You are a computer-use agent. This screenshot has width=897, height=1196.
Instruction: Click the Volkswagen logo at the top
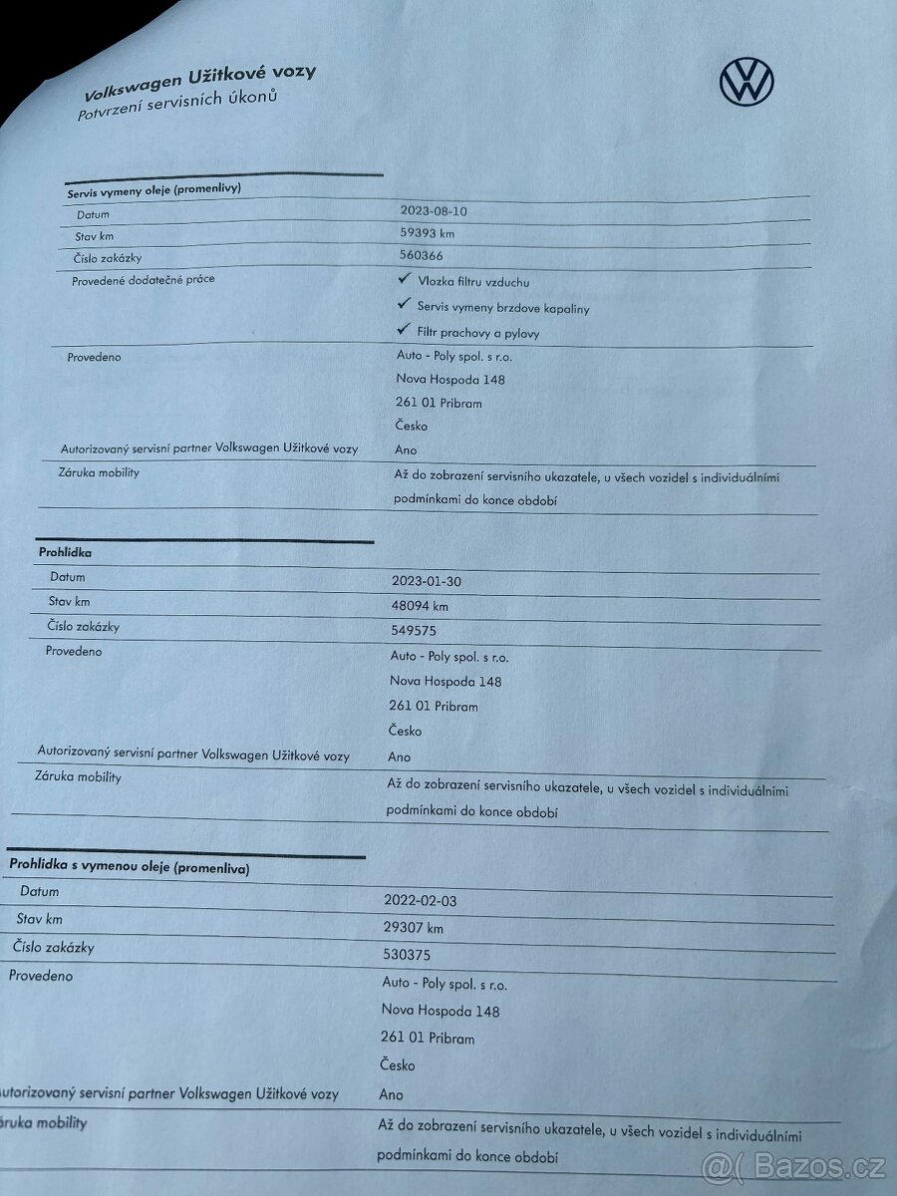(x=747, y=80)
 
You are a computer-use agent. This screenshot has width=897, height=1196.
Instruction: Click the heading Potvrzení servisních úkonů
(x=176, y=106)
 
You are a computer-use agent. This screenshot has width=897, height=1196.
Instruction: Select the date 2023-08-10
(x=434, y=210)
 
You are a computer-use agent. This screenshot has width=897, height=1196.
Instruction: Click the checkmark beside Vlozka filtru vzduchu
(x=404, y=281)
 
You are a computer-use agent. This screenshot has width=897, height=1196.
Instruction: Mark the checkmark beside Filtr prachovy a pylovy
(x=404, y=330)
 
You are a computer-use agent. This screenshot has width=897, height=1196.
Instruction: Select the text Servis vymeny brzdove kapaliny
(x=503, y=308)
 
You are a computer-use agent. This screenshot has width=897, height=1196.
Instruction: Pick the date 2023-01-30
(x=426, y=581)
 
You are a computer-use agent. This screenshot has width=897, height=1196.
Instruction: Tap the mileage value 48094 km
(x=420, y=605)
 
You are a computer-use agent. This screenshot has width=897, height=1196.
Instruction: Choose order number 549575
(x=414, y=630)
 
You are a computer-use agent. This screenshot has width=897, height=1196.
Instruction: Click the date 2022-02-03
(x=420, y=901)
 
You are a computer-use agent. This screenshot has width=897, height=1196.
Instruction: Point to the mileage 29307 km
(x=414, y=928)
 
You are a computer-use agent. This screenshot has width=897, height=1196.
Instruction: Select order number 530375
(x=408, y=955)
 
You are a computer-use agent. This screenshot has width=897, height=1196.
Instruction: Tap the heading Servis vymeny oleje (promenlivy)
(x=154, y=189)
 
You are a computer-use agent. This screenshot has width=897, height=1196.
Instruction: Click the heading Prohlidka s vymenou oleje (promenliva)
(x=130, y=867)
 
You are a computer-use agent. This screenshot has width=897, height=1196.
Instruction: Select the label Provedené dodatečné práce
(x=143, y=280)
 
